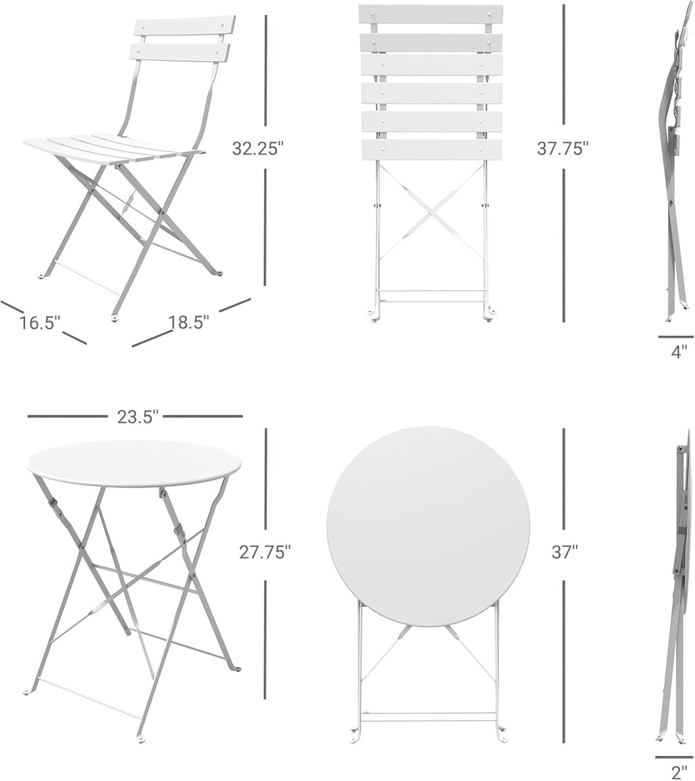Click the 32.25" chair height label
tap(257, 148)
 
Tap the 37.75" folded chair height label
tap(563, 148)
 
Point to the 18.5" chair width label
tap(189, 323)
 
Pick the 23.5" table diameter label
tap(138, 416)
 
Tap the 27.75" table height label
tap(265, 552)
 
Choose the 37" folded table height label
tap(564, 552)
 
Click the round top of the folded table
tap(428, 526)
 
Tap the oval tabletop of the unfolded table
tap(134, 464)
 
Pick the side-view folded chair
tap(673, 163)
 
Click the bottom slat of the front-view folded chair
tap(432, 150)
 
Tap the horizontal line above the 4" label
tap(675, 336)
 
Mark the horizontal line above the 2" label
tap(674, 757)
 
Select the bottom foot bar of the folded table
tap(429, 716)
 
